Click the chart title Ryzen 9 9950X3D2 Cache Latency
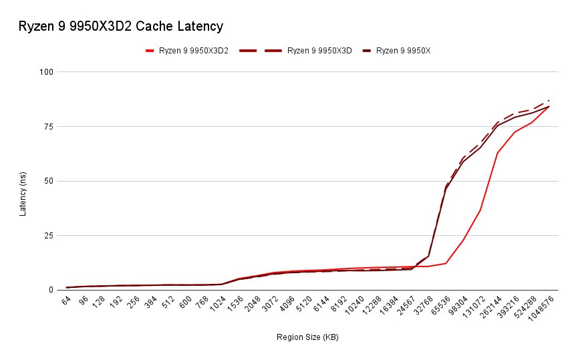tap(121, 27)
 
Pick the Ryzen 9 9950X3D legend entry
tap(319, 51)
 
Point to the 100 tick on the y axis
tap(47, 71)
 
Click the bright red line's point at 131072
tap(480, 210)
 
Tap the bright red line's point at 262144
tap(498, 153)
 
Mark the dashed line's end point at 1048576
tap(549, 100)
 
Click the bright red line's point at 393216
tap(515, 132)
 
